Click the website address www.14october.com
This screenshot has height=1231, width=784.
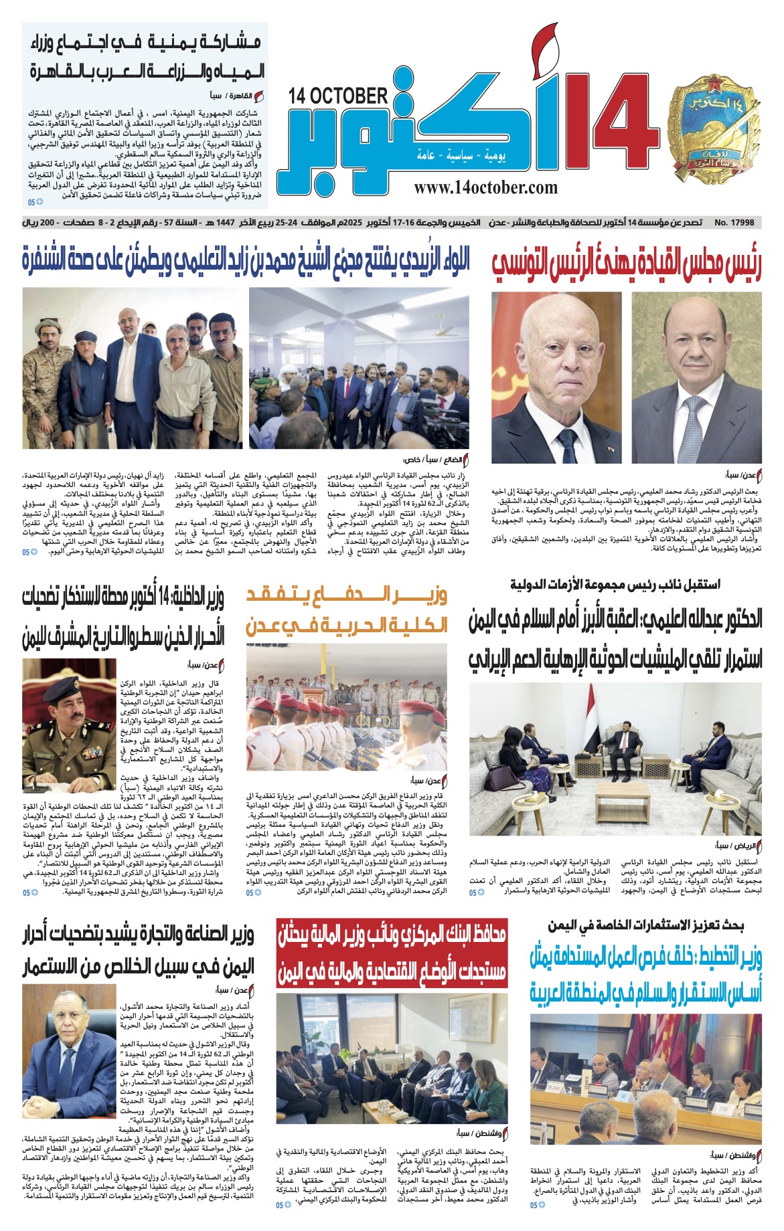pos(485,188)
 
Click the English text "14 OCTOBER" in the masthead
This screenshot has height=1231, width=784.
pos(338,96)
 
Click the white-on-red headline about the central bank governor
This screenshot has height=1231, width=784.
pos(392,953)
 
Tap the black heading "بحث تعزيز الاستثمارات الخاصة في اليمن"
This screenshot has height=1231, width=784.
pos(645,927)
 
